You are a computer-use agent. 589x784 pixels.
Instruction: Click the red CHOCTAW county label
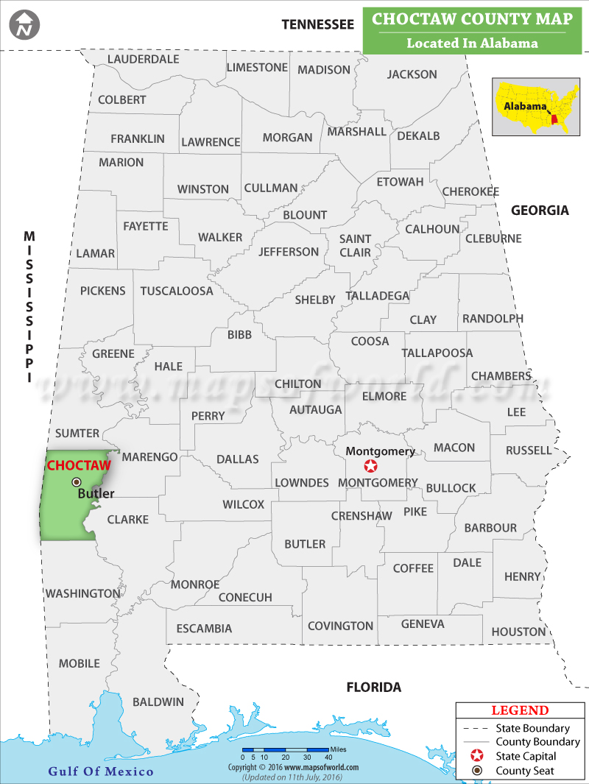(79, 465)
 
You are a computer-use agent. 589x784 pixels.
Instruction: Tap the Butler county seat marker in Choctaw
(77, 482)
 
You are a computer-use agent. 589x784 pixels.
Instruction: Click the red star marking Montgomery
(371, 466)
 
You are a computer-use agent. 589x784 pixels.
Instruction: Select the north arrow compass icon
(25, 25)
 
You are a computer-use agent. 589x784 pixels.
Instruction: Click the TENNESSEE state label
(317, 24)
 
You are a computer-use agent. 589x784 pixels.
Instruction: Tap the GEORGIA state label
(540, 211)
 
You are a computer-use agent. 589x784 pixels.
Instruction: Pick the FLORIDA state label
(374, 688)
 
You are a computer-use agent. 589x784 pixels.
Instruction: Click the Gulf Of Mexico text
(101, 771)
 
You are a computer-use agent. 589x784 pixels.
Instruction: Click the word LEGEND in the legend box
(520, 710)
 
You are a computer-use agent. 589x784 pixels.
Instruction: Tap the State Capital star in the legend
(477, 756)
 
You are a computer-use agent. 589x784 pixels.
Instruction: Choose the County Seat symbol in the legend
(477, 771)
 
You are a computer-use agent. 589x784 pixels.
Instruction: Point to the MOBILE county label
(79, 663)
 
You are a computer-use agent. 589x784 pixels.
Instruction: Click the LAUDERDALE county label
(143, 59)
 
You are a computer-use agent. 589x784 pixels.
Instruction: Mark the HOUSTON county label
(518, 632)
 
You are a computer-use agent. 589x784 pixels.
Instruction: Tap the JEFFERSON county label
(289, 252)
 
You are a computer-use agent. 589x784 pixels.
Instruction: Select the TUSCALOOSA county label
(177, 291)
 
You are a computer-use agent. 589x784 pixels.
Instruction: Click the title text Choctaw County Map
(472, 19)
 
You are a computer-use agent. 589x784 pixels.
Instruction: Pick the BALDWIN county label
(158, 702)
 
